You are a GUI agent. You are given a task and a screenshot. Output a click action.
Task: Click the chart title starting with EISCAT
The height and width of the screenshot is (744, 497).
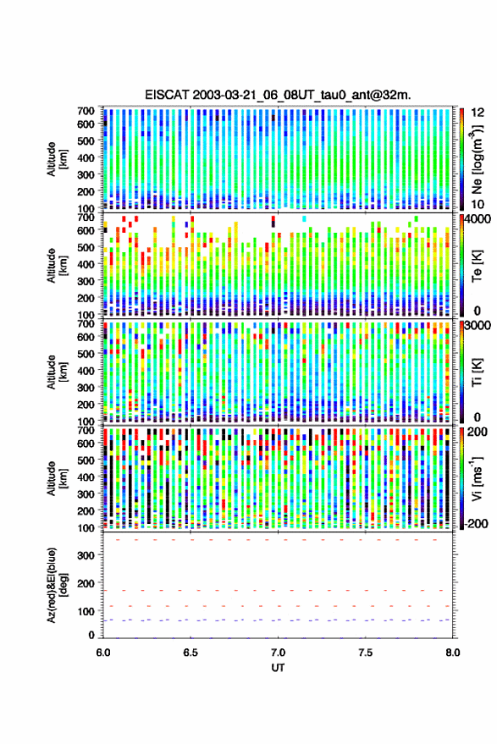278,95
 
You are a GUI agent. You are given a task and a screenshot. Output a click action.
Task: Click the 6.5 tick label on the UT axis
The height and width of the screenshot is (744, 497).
191,653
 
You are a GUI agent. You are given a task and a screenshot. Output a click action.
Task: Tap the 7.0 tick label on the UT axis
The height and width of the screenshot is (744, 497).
279,653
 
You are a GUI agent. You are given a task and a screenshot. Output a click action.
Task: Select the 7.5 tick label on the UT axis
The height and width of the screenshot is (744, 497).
366,653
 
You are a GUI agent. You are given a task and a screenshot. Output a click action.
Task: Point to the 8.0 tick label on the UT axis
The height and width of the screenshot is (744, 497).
453,653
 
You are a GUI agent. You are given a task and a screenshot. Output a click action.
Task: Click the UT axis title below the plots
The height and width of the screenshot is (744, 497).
278,668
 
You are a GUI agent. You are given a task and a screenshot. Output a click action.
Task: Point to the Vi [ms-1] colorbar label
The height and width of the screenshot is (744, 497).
476,478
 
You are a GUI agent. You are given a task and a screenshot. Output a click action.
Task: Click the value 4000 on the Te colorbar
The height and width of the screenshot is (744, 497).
478,219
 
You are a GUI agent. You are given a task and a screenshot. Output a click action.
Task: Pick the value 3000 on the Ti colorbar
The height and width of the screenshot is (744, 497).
478,326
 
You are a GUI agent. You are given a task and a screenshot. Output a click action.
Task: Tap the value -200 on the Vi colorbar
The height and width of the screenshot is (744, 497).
476,524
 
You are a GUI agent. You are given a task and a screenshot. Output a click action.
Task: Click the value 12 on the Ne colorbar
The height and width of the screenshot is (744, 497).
478,113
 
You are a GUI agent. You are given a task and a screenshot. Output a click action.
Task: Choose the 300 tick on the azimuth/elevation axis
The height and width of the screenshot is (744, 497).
86,555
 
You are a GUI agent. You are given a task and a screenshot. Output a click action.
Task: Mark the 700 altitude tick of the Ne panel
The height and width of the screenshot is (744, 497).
86,111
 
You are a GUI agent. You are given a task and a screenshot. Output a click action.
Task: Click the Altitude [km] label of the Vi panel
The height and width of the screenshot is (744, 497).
57,478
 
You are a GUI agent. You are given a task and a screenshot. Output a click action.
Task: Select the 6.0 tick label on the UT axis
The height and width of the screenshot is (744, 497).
103,653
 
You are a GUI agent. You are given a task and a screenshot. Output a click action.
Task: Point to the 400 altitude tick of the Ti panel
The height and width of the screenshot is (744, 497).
86,371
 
